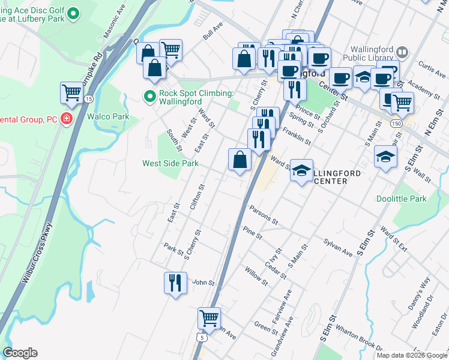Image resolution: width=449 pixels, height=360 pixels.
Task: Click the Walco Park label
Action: point(108,116)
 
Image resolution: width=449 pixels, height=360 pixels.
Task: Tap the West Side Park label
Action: point(170,163)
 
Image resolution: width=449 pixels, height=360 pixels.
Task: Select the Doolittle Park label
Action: point(401,199)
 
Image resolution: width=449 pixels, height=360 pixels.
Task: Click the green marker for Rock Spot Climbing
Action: point(149,95)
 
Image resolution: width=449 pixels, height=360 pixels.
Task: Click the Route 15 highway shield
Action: point(89,98)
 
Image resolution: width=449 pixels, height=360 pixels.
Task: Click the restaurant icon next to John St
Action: point(175,282)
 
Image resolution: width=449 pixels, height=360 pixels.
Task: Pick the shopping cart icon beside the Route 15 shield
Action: point(71,93)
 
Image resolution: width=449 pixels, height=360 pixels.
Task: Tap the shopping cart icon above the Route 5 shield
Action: point(209,317)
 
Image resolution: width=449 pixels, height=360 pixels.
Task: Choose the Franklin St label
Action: point(296,138)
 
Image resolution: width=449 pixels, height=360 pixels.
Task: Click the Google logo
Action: point(20,353)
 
